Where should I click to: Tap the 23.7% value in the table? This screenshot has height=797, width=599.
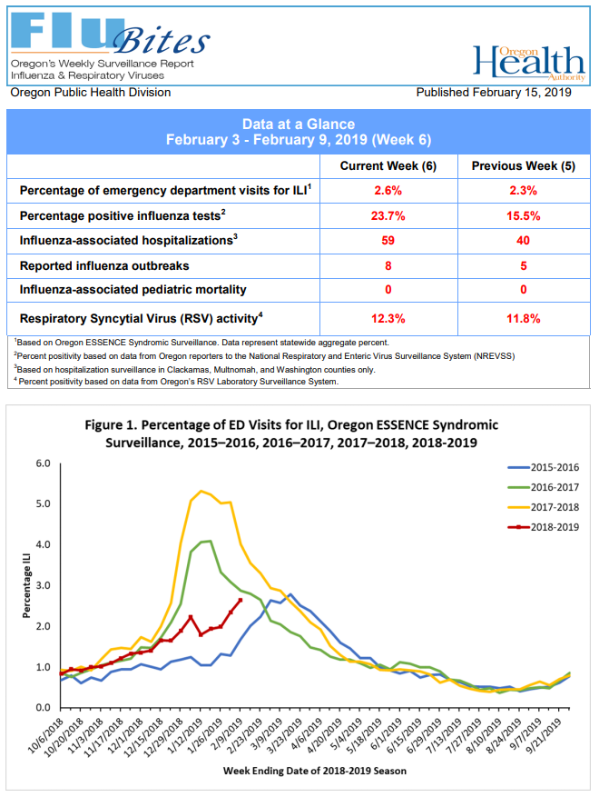(388, 216)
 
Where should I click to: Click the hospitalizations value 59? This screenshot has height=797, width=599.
(388, 241)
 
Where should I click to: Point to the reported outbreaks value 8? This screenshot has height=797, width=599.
(388, 265)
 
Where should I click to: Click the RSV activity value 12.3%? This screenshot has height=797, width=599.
(388, 318)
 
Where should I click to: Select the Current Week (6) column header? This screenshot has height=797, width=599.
(388, 166)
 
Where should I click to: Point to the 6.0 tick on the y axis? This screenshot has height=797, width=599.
(43, 463)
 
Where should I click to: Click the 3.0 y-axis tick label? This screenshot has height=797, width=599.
(43, 585)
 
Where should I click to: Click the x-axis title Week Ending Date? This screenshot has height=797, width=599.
(315, 771)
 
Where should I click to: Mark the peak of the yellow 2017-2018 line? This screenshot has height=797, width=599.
(201, 491)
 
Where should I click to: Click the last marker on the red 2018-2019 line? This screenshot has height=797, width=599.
(241, 600)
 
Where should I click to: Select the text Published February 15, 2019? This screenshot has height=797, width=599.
(494, 93)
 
